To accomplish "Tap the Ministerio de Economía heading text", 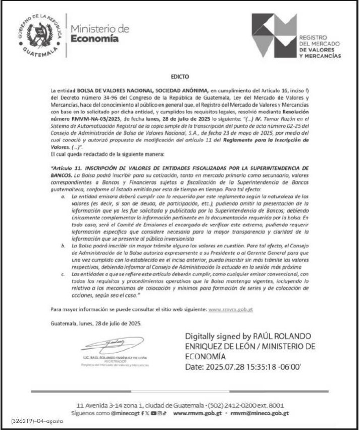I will tap(100, 33).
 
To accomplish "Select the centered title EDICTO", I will tap(179, 77).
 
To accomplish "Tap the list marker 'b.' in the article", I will tap(63, 244).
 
